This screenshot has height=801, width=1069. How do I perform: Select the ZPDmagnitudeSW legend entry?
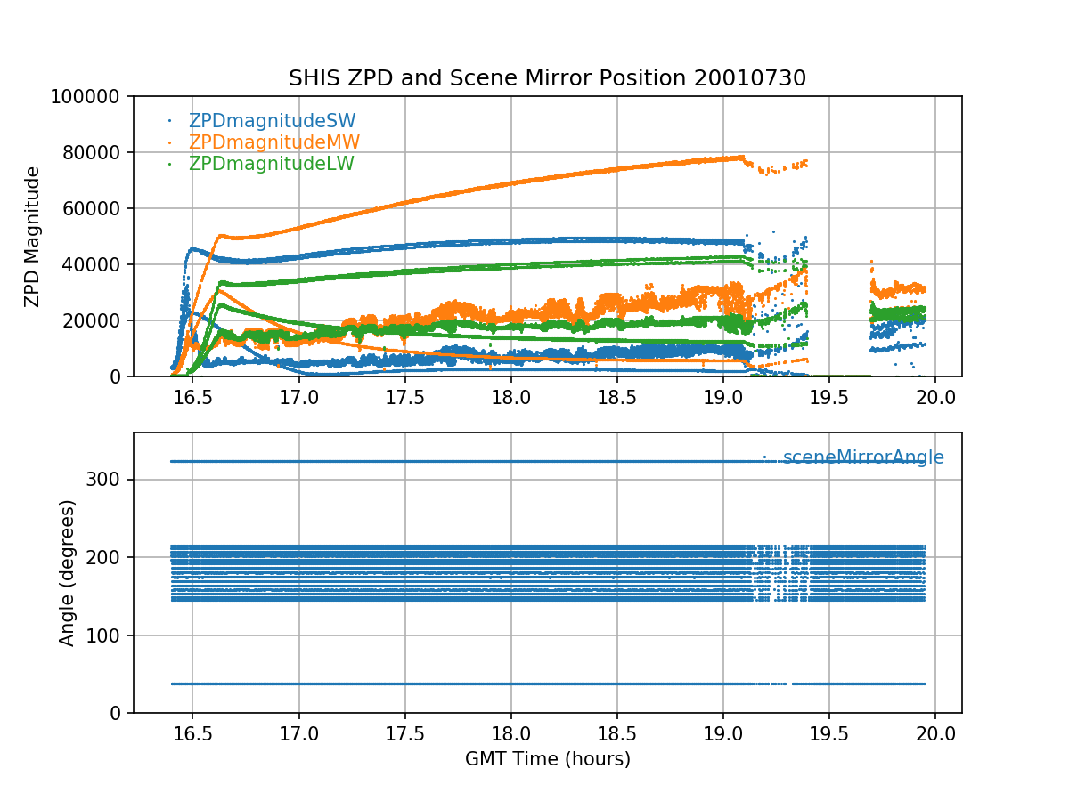272,121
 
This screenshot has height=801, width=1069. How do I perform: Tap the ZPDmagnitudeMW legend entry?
273,142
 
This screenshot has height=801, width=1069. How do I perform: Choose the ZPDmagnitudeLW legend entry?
271,164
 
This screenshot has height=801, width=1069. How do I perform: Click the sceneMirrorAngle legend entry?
862,457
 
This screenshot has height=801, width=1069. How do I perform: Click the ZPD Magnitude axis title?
33,236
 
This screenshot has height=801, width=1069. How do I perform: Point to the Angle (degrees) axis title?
68,572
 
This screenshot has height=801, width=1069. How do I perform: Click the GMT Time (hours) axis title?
547,759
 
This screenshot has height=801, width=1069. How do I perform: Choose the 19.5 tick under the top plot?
829,396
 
